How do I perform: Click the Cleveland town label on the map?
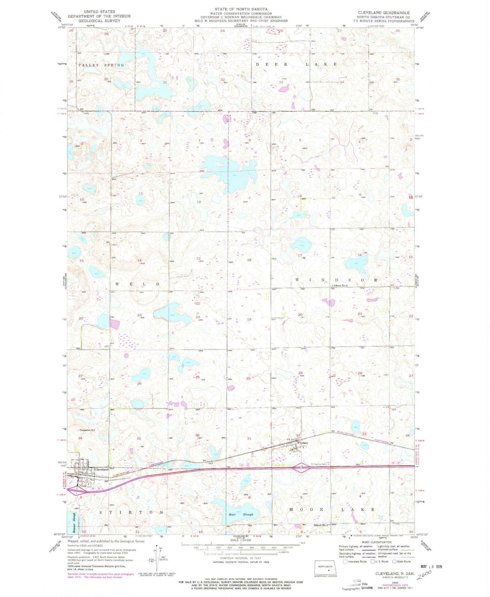pyautogui.click(x=101, y=469)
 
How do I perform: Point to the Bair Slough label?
pyautogui.click(x=242, y=514)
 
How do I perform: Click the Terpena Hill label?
pyautogui.click(x=87, y=430)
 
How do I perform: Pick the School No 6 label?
pyautogui.click(x=340, y=286)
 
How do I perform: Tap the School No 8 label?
pyautogui.click(x=320, y=525)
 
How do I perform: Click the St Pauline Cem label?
pyautogui.click(x=319, y=464)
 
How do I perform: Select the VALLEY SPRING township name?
pyautogui.click(x=101, y=65)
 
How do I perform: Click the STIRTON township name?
pyautogui.click(x=131, y=512)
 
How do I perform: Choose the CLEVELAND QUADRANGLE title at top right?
pyautogui.click(x=383, y=13)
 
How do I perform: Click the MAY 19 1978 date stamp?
pyautogui.click(x=428, y=566)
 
